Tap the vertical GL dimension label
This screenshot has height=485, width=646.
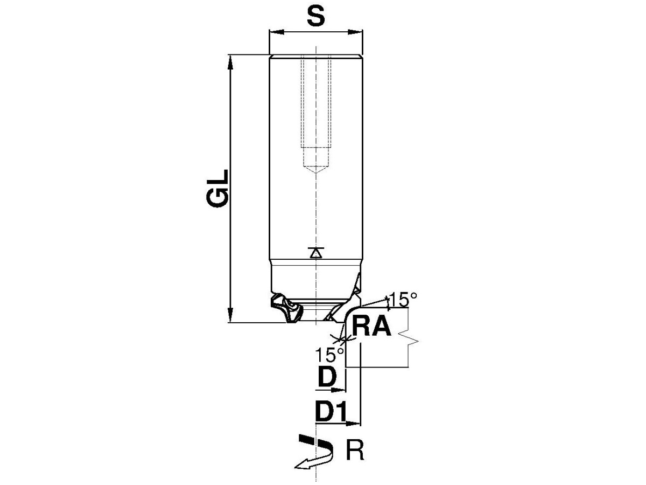(x=217, y=189)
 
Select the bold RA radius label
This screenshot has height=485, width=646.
(x=371, y=326)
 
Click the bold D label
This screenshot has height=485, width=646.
(x=327, y=377)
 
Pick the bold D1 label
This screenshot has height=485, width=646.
(x=330, y=411)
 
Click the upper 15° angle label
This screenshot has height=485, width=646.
(x=402, y=300)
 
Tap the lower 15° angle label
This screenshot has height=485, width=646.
(x=329, y=355)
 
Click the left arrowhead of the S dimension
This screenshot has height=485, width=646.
(x=277, y=32)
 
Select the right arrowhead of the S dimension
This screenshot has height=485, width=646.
(x=355, y=32)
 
